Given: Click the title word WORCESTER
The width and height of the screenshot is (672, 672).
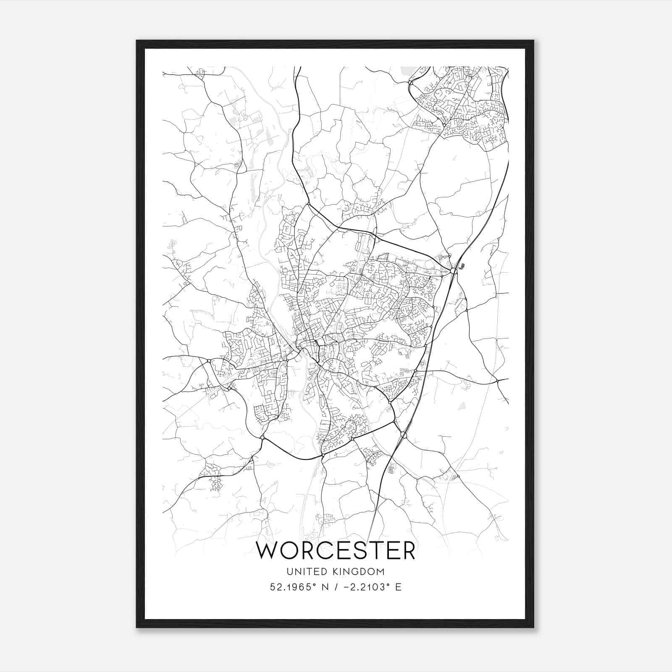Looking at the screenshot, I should pyautogui.click(x=336, y=550).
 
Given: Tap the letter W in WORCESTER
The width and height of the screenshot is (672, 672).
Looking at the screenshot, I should pyautogui.click(x=268, y=550).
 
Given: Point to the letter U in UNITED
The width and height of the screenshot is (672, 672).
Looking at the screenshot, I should pyautogui.click(x=290, y=572).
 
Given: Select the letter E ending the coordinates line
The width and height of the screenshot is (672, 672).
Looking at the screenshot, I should pyautogui.click(x=398, y=587).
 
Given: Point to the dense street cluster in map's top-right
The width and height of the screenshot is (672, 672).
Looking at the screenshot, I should pyautogui.click(x=462, y=105).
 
